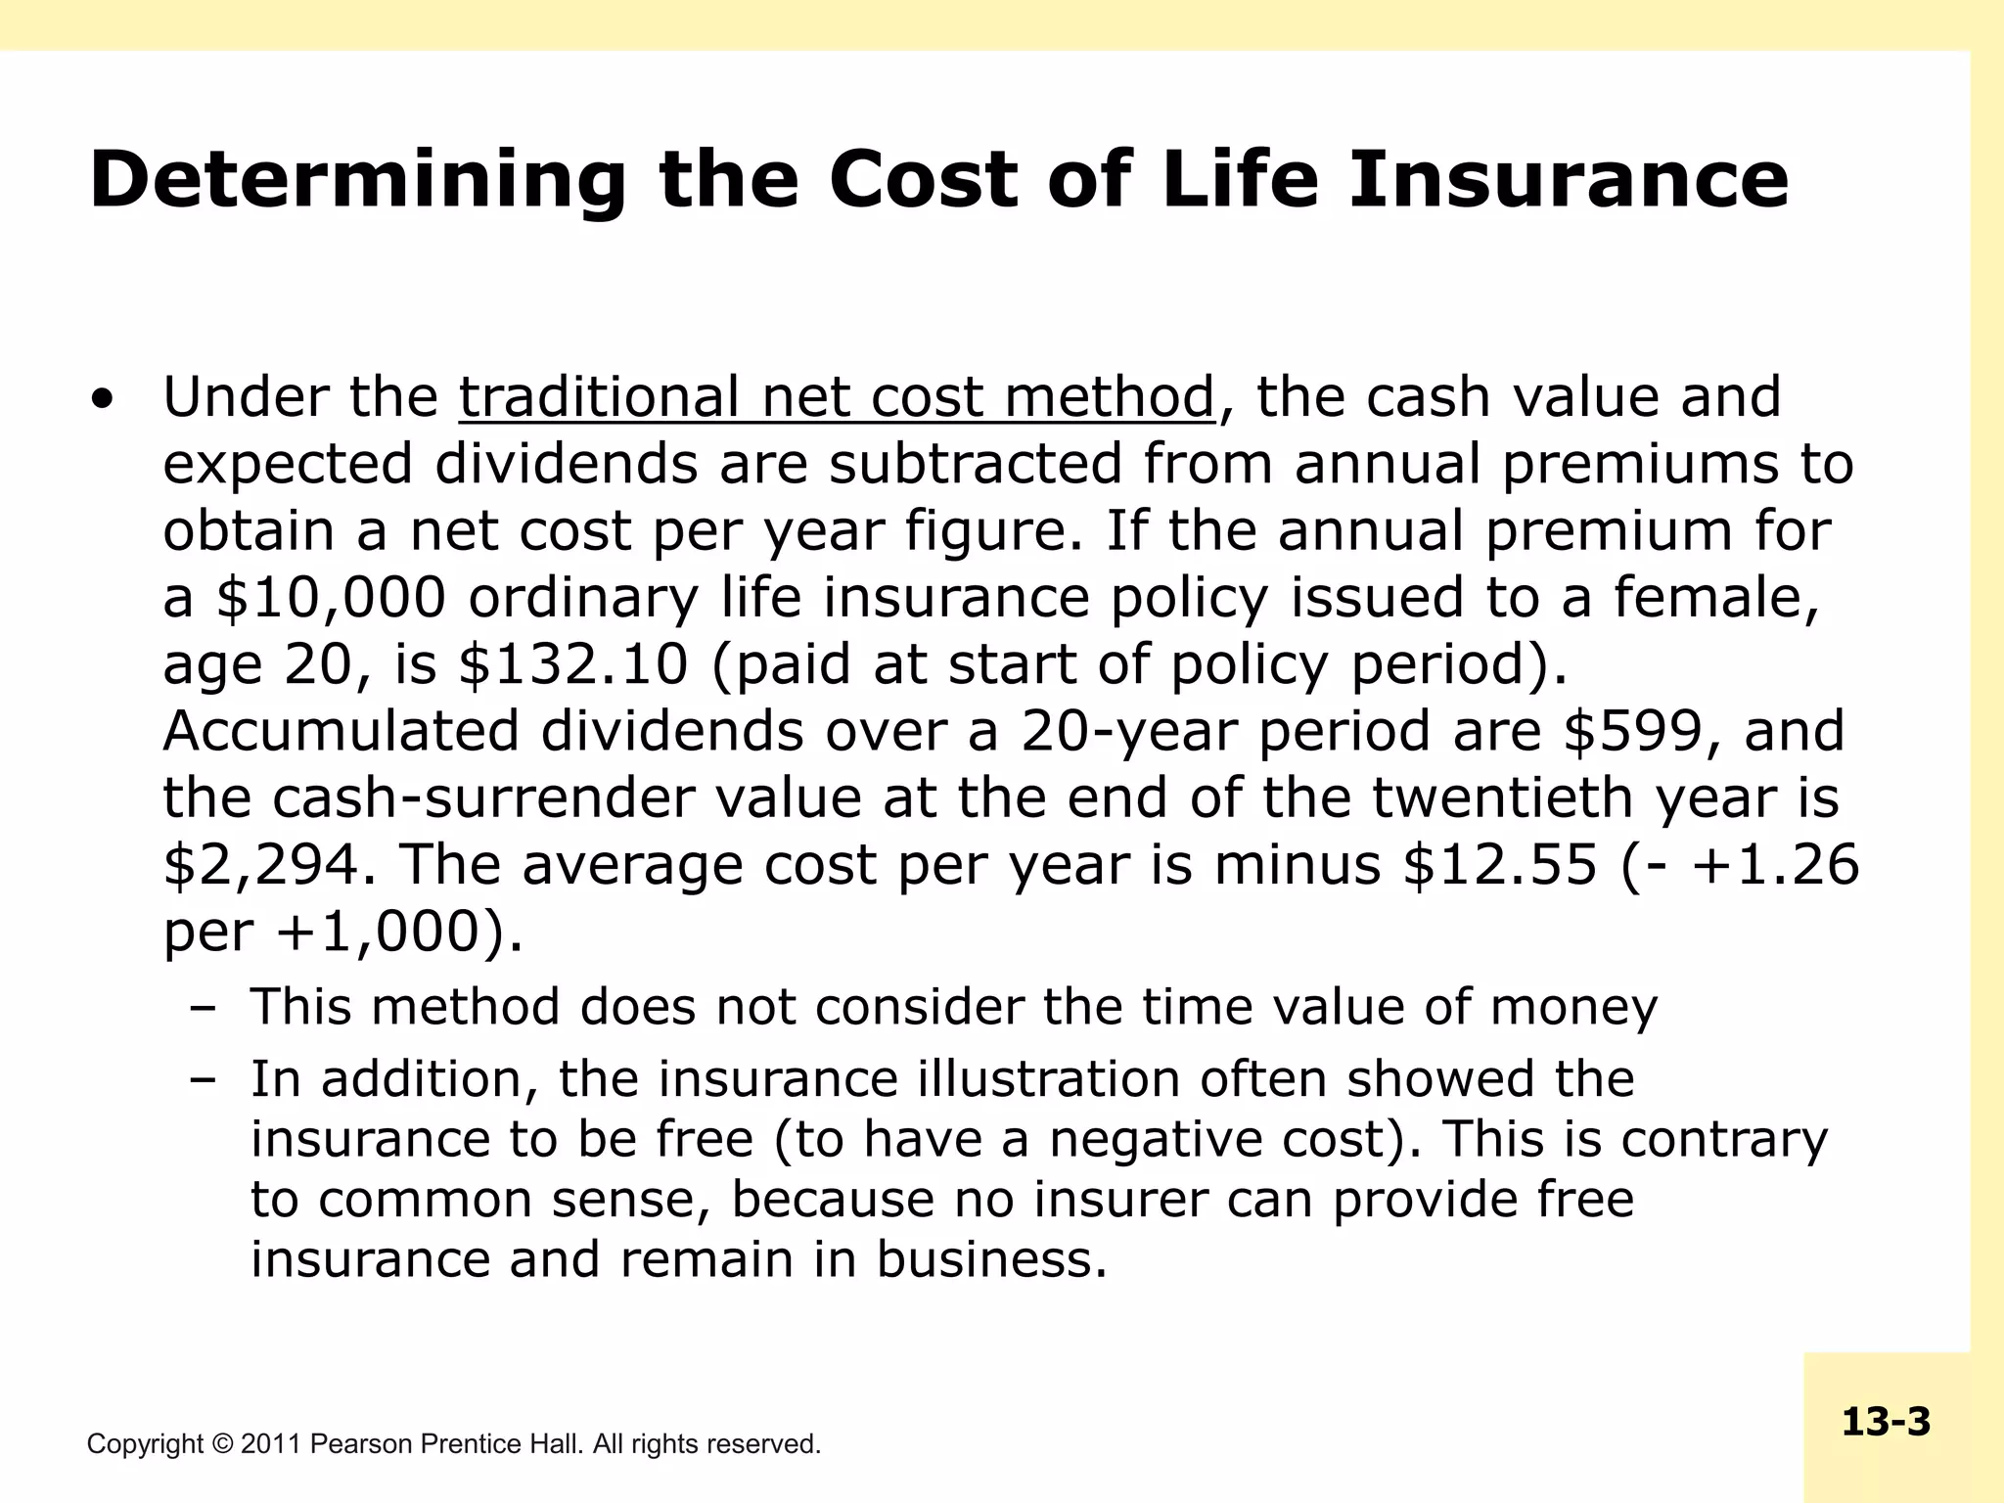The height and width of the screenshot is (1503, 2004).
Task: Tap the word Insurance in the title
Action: (1568, 179)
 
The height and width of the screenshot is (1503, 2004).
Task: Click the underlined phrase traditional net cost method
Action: (837, 398)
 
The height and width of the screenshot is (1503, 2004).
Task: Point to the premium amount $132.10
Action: (573, 664)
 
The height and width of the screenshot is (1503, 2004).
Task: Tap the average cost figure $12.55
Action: (1500, 865)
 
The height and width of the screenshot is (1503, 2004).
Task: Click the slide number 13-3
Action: (1886, 1422)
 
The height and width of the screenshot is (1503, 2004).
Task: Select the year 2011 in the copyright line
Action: (271, 1444)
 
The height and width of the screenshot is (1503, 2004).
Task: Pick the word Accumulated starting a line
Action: (341, 731)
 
